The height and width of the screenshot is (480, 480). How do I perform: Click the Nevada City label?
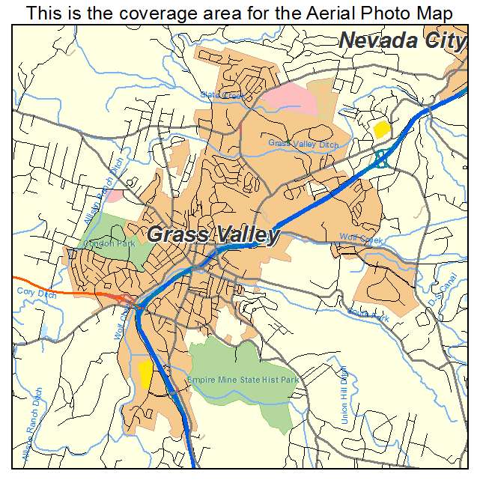click(402, 40)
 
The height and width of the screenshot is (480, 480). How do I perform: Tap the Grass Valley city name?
click(213, 234)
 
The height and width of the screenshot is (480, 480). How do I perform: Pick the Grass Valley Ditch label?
click(303, 143)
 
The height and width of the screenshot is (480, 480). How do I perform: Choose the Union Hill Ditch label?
click(344, 396)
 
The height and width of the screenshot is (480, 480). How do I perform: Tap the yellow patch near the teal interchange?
click(382, 129)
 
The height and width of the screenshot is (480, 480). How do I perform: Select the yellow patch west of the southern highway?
click(145, 373)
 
